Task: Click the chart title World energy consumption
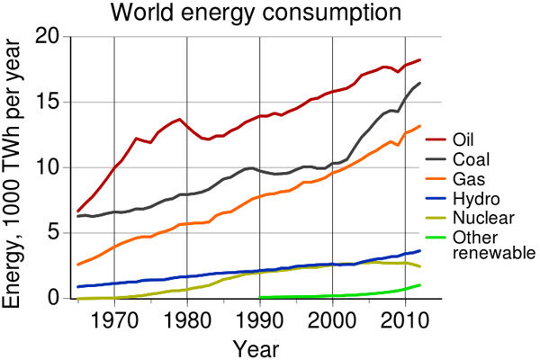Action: pyautogui.click(x=270, y=13)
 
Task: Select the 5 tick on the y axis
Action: pyautogui.click(x=55, y=233)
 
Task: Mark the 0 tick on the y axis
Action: pyautogui.click(x=55, y=298)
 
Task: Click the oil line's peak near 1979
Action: pyautogui.click(x=180, y=120)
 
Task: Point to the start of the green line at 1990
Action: pyautogui.click(x=261, y=297)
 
